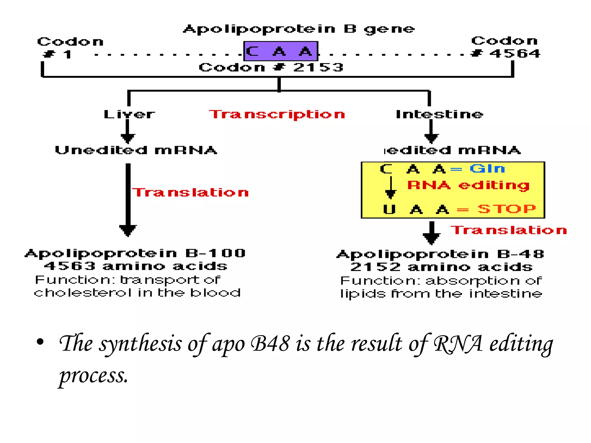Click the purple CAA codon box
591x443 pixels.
280,51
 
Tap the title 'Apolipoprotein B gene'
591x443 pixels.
299,29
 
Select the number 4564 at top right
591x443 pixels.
515,54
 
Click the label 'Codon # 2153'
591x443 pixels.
271,67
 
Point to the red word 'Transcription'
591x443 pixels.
277,114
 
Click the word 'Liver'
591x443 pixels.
129,114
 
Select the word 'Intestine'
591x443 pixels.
439,114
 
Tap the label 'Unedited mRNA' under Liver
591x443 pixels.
136,150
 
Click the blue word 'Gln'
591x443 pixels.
487,168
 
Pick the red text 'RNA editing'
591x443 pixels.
468,185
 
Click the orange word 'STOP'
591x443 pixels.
506,209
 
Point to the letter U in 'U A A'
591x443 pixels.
389,209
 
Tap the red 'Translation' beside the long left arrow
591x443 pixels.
190,192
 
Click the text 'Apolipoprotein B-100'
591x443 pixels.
135,253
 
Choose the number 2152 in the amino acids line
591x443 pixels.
375,267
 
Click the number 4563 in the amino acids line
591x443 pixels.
70,266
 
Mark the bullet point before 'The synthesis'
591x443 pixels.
40,342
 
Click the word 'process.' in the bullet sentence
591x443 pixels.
93,376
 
